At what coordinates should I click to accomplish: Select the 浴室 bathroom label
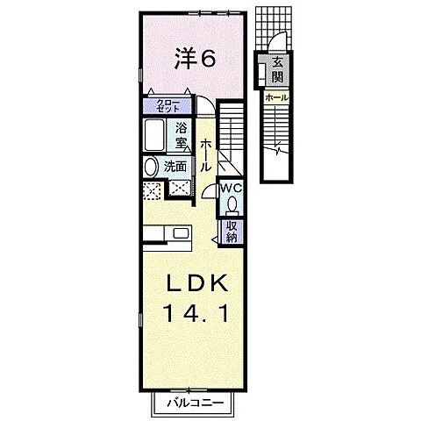pyautogui.click(x=181, y=134)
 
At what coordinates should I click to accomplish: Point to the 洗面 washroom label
pyautogui.click(x=175, y=165)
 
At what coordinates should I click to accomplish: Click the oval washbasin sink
pyautogui.click(x=150, y=166)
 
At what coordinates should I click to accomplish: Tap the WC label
pyautogui.click(x=231, y=188)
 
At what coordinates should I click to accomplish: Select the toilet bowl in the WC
pyautogui.click(x=232, y=204)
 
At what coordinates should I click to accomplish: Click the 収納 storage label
pyautogui.click(x=232, y=229)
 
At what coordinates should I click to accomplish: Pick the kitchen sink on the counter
pyautogui.click(x=182, y=233)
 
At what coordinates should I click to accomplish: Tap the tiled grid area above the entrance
pyautogui.click(x=268, y=25)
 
